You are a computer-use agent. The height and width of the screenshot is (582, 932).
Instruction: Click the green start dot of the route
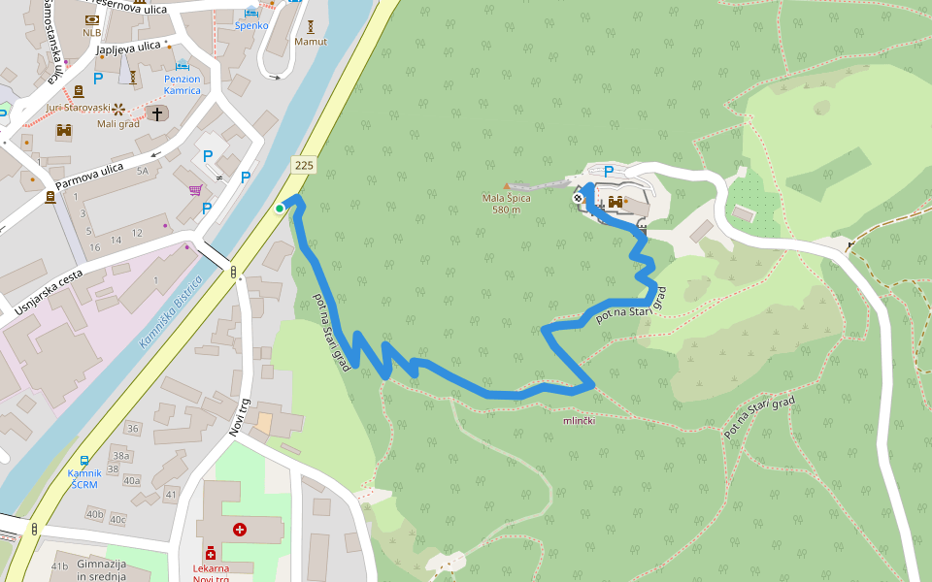coord(280,208)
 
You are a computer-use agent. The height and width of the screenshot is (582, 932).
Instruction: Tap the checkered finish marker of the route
coord(579,198)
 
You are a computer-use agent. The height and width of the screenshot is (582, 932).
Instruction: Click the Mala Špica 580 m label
coord(507,204)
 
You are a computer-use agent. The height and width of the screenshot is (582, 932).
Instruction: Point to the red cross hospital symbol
coord(240,530)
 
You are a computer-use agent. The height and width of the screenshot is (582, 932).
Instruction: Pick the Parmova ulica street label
coord(89,176)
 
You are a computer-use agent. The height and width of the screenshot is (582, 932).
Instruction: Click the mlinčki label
coord(579,421)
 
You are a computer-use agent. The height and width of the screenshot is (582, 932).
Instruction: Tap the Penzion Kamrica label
coord(183,84)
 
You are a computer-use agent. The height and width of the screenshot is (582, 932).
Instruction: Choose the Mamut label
coord(311,42)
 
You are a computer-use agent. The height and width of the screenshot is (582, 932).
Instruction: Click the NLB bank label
coord(91,32)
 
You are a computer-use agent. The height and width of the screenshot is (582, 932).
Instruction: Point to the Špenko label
coord(250,25)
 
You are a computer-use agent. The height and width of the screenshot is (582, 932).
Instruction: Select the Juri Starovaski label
coord(79,108)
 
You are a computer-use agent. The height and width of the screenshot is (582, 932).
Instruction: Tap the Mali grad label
coord(118,123)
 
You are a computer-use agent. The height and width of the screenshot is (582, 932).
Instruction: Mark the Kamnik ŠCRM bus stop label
coord(83,479)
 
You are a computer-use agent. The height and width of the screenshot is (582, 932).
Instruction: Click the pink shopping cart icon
coord(195,190)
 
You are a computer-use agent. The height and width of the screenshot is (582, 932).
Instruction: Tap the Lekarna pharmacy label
coord(210,573)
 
